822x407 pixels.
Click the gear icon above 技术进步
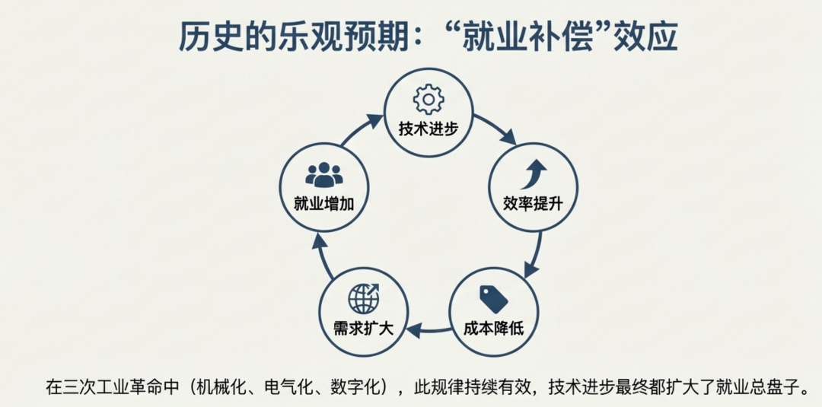pyautogui.click(x=428, y=99)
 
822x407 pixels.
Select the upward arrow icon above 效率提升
pyautogui.click(x=533, y=174)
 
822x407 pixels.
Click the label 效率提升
pyautogui.click(x=533, y=203)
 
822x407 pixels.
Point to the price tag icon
pyautogui.click(x=493, y=299)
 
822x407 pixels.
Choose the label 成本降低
pyautogui.click(x=493, y=329)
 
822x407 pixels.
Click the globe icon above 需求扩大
pyautogui.click(x=363, y=298)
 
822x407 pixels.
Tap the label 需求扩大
pyautogui.click(x=363, y=329)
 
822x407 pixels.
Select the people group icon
pyautogui.click(x=324, y=175)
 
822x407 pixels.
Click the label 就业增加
pyautogui.click(x=323, y=204)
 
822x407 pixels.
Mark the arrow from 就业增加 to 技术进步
pyautogui.click(x=361, y=129)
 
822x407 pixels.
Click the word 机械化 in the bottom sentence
pyautogui.click(x=225, y=386)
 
